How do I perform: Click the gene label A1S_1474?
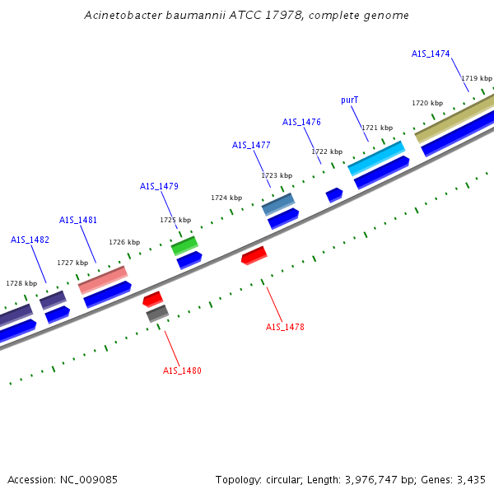point(431,54)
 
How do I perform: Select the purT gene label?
point(350,100)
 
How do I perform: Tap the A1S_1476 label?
point(301,122)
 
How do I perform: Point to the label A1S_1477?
point(251,145)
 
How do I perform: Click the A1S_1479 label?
point(159,186)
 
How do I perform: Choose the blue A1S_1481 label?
point(78,220)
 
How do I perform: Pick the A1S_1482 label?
point(30,240)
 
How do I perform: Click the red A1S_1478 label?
point(285,327)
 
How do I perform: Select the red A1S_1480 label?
point(182,370)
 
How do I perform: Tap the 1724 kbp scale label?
point(226,198)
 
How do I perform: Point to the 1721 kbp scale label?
point(377,128)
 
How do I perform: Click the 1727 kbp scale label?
point(72,263)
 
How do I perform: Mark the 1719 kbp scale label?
point(477,77)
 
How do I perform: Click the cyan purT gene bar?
point(376,158)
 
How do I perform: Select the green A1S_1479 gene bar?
point(184,245)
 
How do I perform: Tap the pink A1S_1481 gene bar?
point(103,280)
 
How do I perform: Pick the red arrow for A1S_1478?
point(254,255)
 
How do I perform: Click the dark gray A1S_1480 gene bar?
point(156,314)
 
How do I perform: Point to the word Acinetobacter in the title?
point(122,16)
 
